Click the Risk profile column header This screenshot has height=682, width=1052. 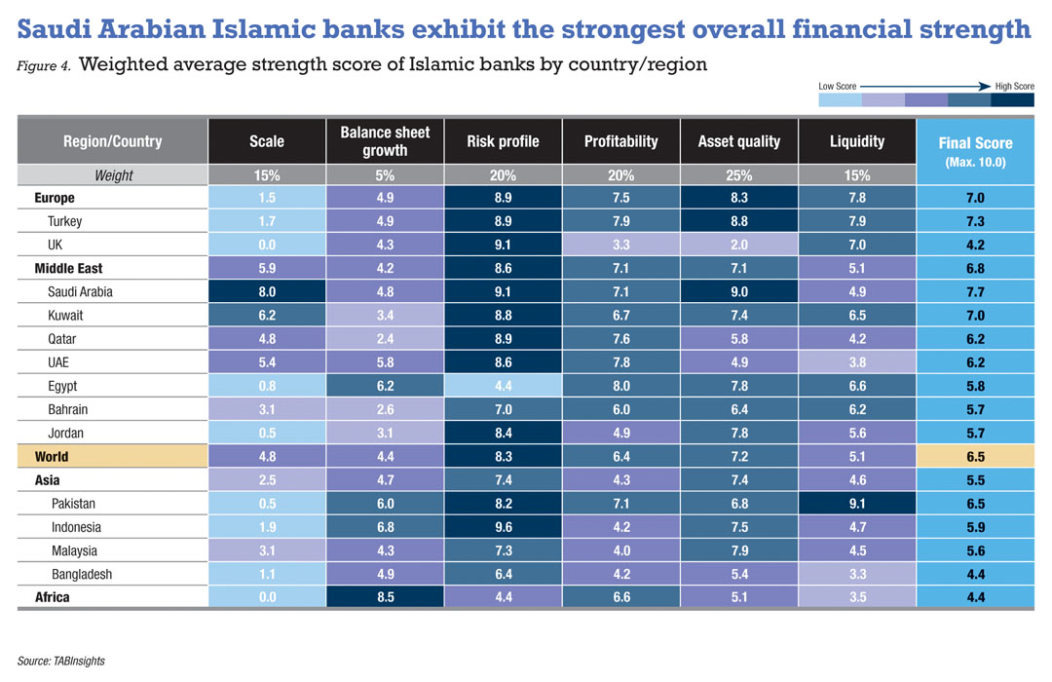[x=503, y=141]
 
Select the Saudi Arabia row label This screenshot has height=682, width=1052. [x=81, y=291]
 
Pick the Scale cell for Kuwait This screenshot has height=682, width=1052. [x=266, y=316]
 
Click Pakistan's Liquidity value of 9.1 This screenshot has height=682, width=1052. [x=856, y=504]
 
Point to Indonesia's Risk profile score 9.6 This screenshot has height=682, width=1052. [x=503, y=527]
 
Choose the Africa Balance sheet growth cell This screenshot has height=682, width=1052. [x=385, y=597]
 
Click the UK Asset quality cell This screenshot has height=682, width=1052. [x=738, y=245]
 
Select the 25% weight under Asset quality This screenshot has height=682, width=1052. [x=738, y=176]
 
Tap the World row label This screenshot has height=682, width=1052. [x=52, y=456]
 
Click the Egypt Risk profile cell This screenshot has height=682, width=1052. [x=503, y=386]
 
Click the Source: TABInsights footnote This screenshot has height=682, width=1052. [x=60, y=661]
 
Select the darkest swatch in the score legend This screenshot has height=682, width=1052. [x=1012, y=99]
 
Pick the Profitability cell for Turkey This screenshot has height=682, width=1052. [x=620, y=221]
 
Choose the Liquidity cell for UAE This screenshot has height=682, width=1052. [x=856, y=362]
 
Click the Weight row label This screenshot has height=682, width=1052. [x=113, y=176]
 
